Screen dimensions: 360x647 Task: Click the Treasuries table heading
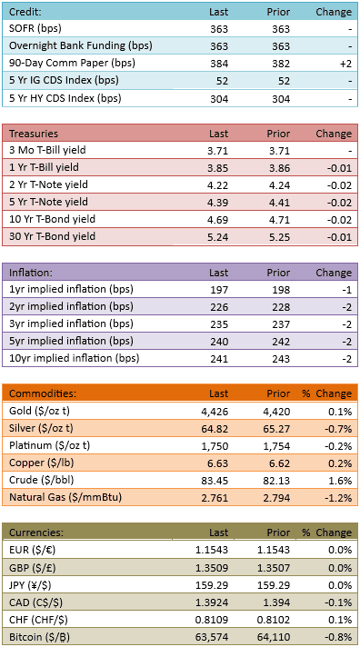34,134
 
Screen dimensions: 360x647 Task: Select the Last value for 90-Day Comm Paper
218,64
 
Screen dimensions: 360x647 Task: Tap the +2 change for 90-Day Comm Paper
345,64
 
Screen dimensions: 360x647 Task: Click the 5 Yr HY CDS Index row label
65,99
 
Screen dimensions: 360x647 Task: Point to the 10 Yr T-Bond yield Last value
218,220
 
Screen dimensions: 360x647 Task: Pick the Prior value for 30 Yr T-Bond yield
280,237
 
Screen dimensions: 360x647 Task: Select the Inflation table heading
31,273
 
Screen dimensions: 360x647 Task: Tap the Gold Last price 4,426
215,412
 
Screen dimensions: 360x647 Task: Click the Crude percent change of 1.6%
342,481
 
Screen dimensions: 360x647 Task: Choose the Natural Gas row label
65,498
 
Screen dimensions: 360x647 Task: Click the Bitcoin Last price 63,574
213,637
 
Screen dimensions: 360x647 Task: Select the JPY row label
35,584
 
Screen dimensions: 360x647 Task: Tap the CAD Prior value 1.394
277,602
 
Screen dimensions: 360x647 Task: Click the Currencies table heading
36,533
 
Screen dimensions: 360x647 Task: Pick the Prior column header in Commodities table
279,393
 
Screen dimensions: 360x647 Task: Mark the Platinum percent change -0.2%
341,446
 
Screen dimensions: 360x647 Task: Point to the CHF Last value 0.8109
212,620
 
